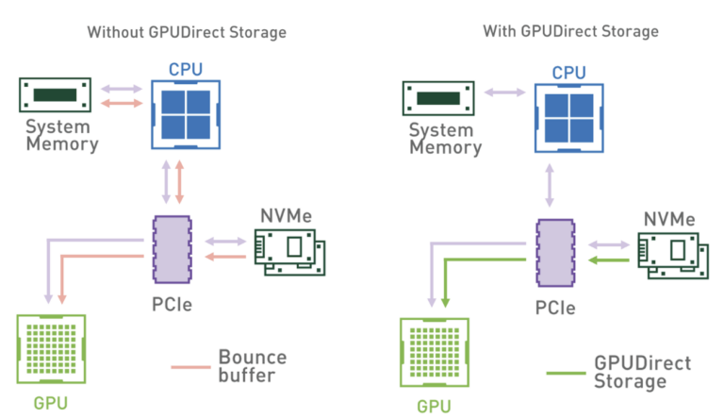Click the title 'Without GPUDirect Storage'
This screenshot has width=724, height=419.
point(187,32)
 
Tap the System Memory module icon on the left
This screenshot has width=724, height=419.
point(57,95)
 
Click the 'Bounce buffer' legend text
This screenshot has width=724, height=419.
point(252,367)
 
